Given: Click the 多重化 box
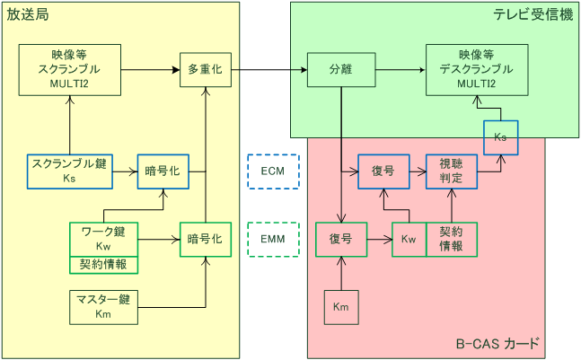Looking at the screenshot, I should [206, 68].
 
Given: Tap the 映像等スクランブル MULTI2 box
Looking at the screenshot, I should [70, 68].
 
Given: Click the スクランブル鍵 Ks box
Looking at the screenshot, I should [70, 171].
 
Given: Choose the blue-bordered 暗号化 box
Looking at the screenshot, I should [163, 171].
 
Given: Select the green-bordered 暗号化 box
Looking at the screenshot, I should [205, 239].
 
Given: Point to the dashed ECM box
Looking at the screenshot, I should [272, 171].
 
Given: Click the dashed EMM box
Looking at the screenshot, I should [272, 240].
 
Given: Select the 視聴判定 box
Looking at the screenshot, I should [451, 171].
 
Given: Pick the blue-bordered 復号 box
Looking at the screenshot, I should [383, 171].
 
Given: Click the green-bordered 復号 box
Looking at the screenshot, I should [340, 240].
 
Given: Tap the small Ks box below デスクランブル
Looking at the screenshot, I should [500, 137].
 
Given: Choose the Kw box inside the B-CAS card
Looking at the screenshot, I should [409, 240].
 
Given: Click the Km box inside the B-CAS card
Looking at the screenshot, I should [340, 307].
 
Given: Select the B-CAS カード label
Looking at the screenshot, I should [497, 343].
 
